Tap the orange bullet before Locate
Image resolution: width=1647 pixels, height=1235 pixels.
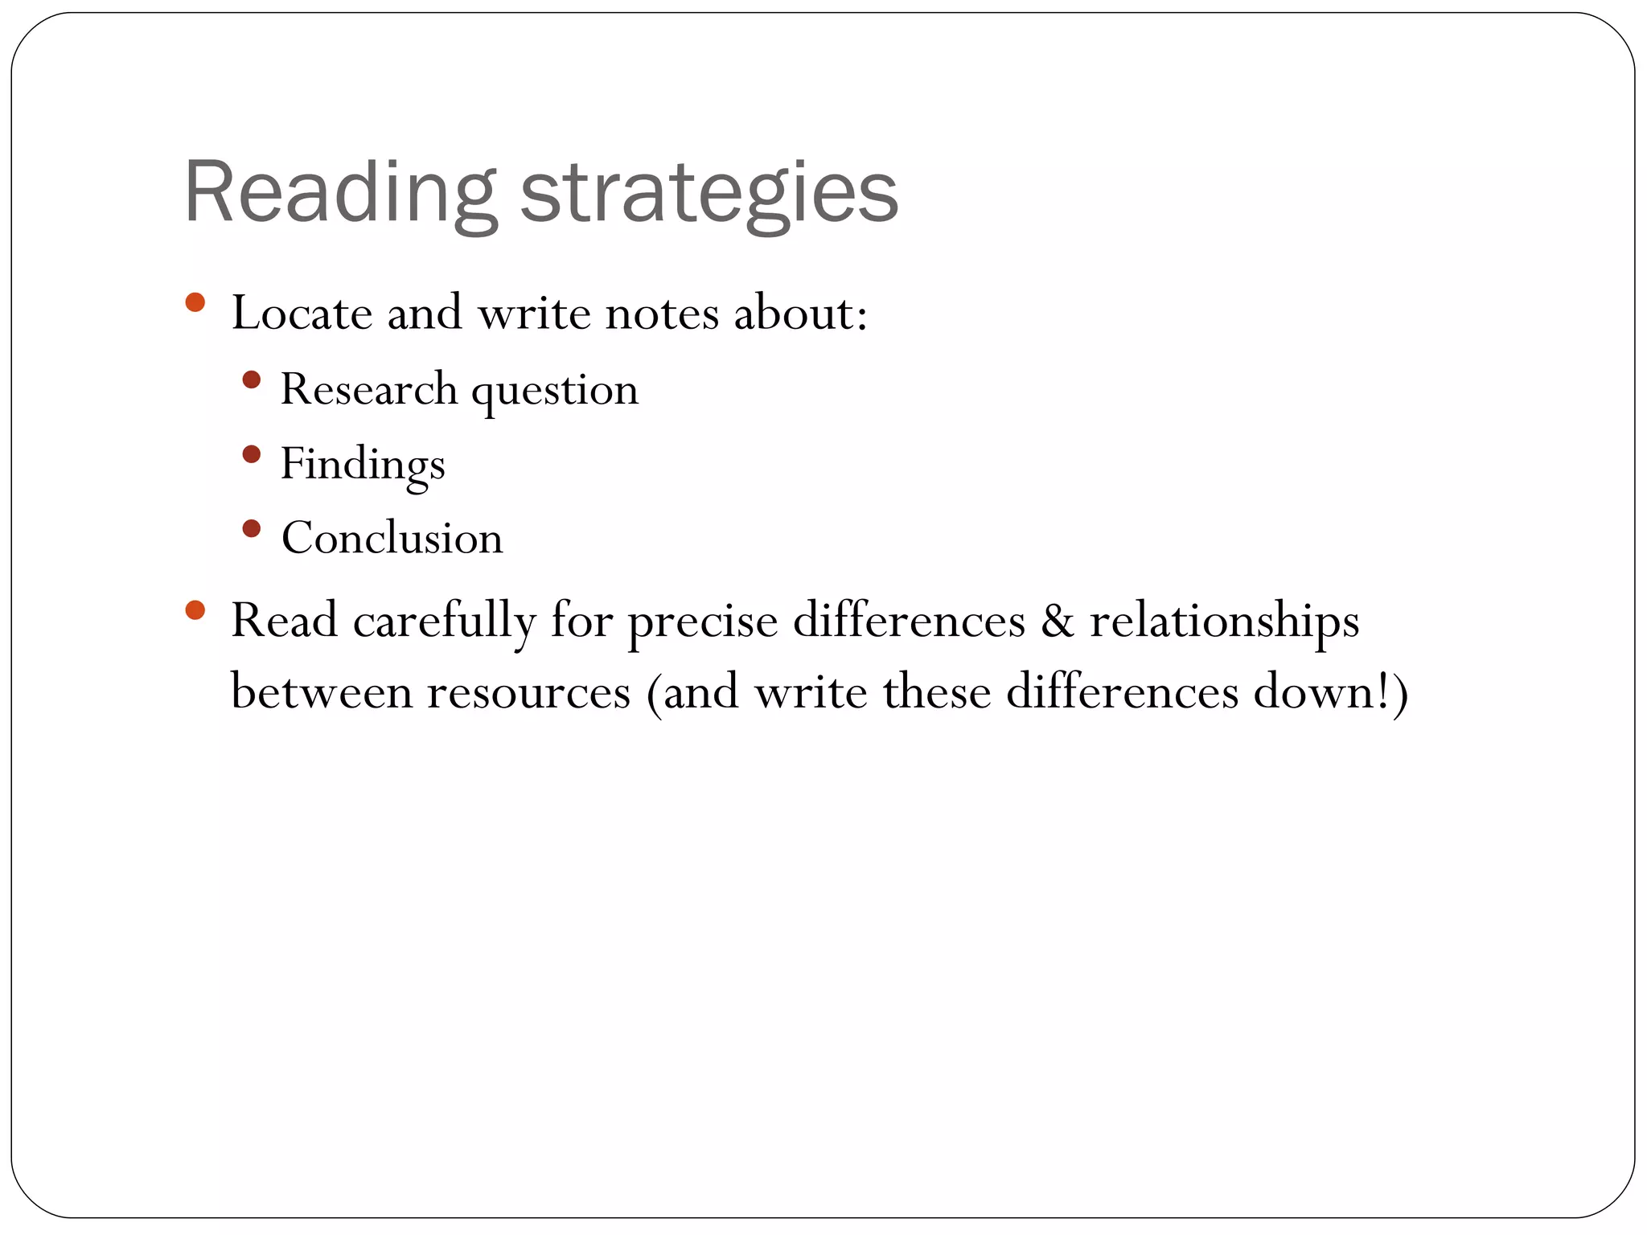click(x=195, y=302)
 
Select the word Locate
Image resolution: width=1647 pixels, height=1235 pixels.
click(x=302, y=313)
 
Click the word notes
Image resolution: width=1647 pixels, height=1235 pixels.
click(x=661, y=313)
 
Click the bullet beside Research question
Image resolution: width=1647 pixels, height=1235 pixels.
click(x=251, y=380)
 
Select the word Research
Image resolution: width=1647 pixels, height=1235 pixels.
click(x=368, y=389)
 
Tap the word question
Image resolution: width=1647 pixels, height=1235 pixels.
click(x=554, y=391)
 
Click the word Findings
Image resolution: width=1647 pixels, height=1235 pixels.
click(x=362, y=465)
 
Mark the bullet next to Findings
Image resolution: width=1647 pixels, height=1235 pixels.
click(x=251, y=454)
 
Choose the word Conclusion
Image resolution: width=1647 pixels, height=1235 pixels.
click(x=392, y=538)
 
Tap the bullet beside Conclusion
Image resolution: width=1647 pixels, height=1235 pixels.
click(x=251, y=528)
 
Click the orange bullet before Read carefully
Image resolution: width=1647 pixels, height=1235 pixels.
click(x=195, y=609)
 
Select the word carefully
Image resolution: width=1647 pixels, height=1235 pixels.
click(x=444, y=622)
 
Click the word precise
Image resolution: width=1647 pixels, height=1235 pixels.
click(x=702, y=622)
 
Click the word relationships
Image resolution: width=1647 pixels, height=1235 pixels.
click(x=1224, y=622)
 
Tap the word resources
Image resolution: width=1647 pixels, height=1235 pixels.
click(x=528, y=692)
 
